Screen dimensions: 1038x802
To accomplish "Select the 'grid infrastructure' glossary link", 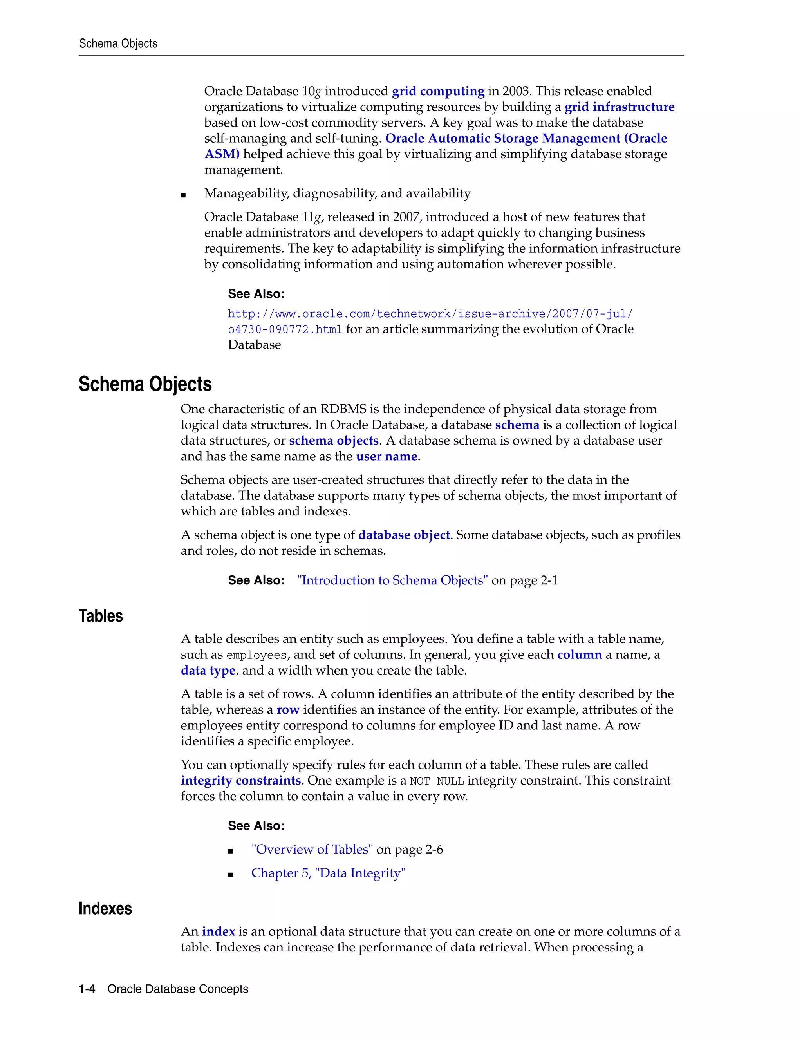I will pyautogui.click(x=619, y=107).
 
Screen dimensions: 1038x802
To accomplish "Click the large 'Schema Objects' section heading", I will pyautogui.click(x=145, y=384).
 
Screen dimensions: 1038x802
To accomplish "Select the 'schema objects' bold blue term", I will pyautogui.click(x=334, y=441).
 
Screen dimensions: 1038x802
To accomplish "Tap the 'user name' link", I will pyautogui.click(x=386, y=456).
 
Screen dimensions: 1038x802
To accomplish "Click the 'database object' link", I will pyautogui.click(x=404, y=535).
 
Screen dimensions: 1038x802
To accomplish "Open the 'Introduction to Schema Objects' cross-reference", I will pyautogui.click(x=392, y=580).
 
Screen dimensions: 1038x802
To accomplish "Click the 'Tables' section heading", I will pyautogui.click(x=101, y=616).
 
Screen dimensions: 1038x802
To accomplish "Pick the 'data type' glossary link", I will pyautogui.click(x=208, y=670).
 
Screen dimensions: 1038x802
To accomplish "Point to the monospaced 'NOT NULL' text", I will pyautogui.click(x=437, y=781).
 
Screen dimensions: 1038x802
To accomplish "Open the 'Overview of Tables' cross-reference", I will pyautogui.click(x=312, y=849).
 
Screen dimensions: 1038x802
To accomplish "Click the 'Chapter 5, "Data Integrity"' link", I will pyautogui.click(x=328, y=873).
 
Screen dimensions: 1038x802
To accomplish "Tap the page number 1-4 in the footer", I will pyautogui.click(x=87, y=989).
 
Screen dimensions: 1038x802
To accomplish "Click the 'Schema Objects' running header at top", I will pyautogui.click(x=118, y=44).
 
